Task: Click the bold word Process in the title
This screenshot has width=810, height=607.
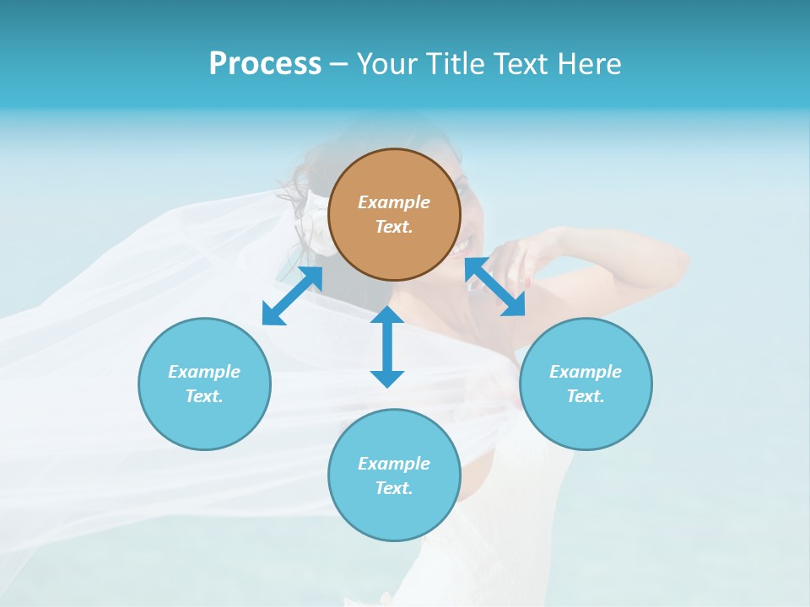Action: pos(265,64)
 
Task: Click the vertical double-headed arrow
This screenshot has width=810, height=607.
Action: pos(387,346)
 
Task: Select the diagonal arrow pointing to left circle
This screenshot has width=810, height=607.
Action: pos(292,296)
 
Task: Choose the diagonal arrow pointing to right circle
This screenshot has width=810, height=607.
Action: pos(495,287)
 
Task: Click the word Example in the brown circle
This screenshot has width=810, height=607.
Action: pos(394,202)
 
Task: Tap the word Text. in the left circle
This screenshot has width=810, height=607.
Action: pos(204,396)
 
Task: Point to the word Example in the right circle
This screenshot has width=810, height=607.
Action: pos(586,372)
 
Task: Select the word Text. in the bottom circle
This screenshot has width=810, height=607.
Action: pos(394,488)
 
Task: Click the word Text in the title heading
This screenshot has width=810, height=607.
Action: pos(518,64)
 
